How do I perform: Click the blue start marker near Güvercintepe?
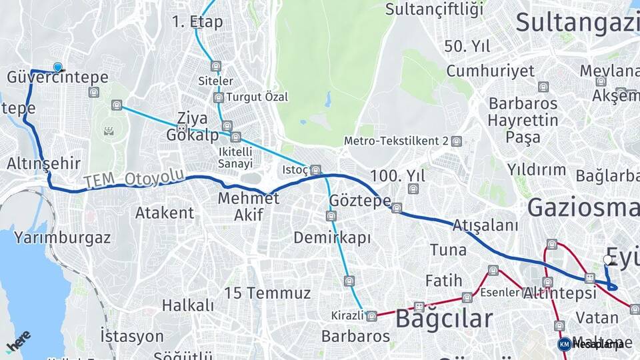[58, 67]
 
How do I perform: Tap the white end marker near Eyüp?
[607, 259]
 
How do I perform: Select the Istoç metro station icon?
[315, 170]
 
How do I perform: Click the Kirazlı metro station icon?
[371, 315]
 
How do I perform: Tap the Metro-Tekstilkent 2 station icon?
[456, 141]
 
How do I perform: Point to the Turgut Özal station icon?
[219, 97]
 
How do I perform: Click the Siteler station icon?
[215, 66]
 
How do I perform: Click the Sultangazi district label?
[577, 23]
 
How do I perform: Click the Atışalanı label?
[485, 226]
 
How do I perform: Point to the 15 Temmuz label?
[267, 293]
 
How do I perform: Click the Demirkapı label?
[332, 238]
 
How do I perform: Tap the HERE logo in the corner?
[18, 341]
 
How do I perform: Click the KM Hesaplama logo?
[591, 344]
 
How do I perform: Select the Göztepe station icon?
[397, 208]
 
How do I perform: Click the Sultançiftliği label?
[434, 9]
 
